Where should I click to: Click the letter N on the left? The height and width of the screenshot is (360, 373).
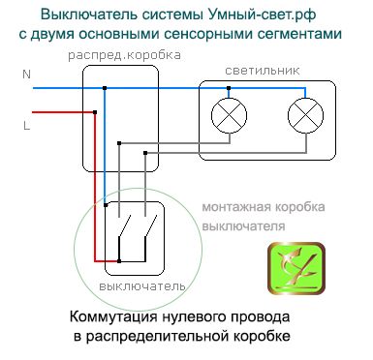(x=26, y=75)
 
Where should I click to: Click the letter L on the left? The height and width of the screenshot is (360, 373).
(x=26, y=125)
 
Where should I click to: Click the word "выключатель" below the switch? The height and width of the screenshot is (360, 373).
(x=135, y=287)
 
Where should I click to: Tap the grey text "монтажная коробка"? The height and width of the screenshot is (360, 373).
(x=263, y=207)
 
